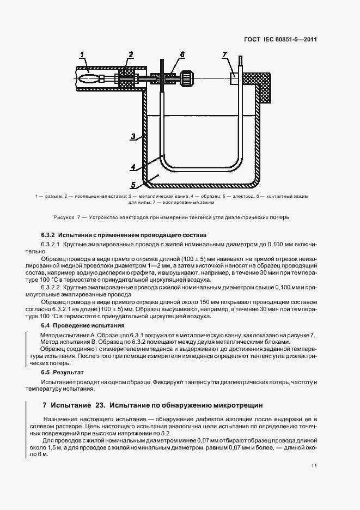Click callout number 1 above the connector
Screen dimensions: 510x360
[82, 54]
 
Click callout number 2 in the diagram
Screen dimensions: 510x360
[131, 54]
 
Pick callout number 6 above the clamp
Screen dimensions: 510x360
[182, 54]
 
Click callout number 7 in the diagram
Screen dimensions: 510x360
[224, 54]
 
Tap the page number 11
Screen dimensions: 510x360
[315, 465]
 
